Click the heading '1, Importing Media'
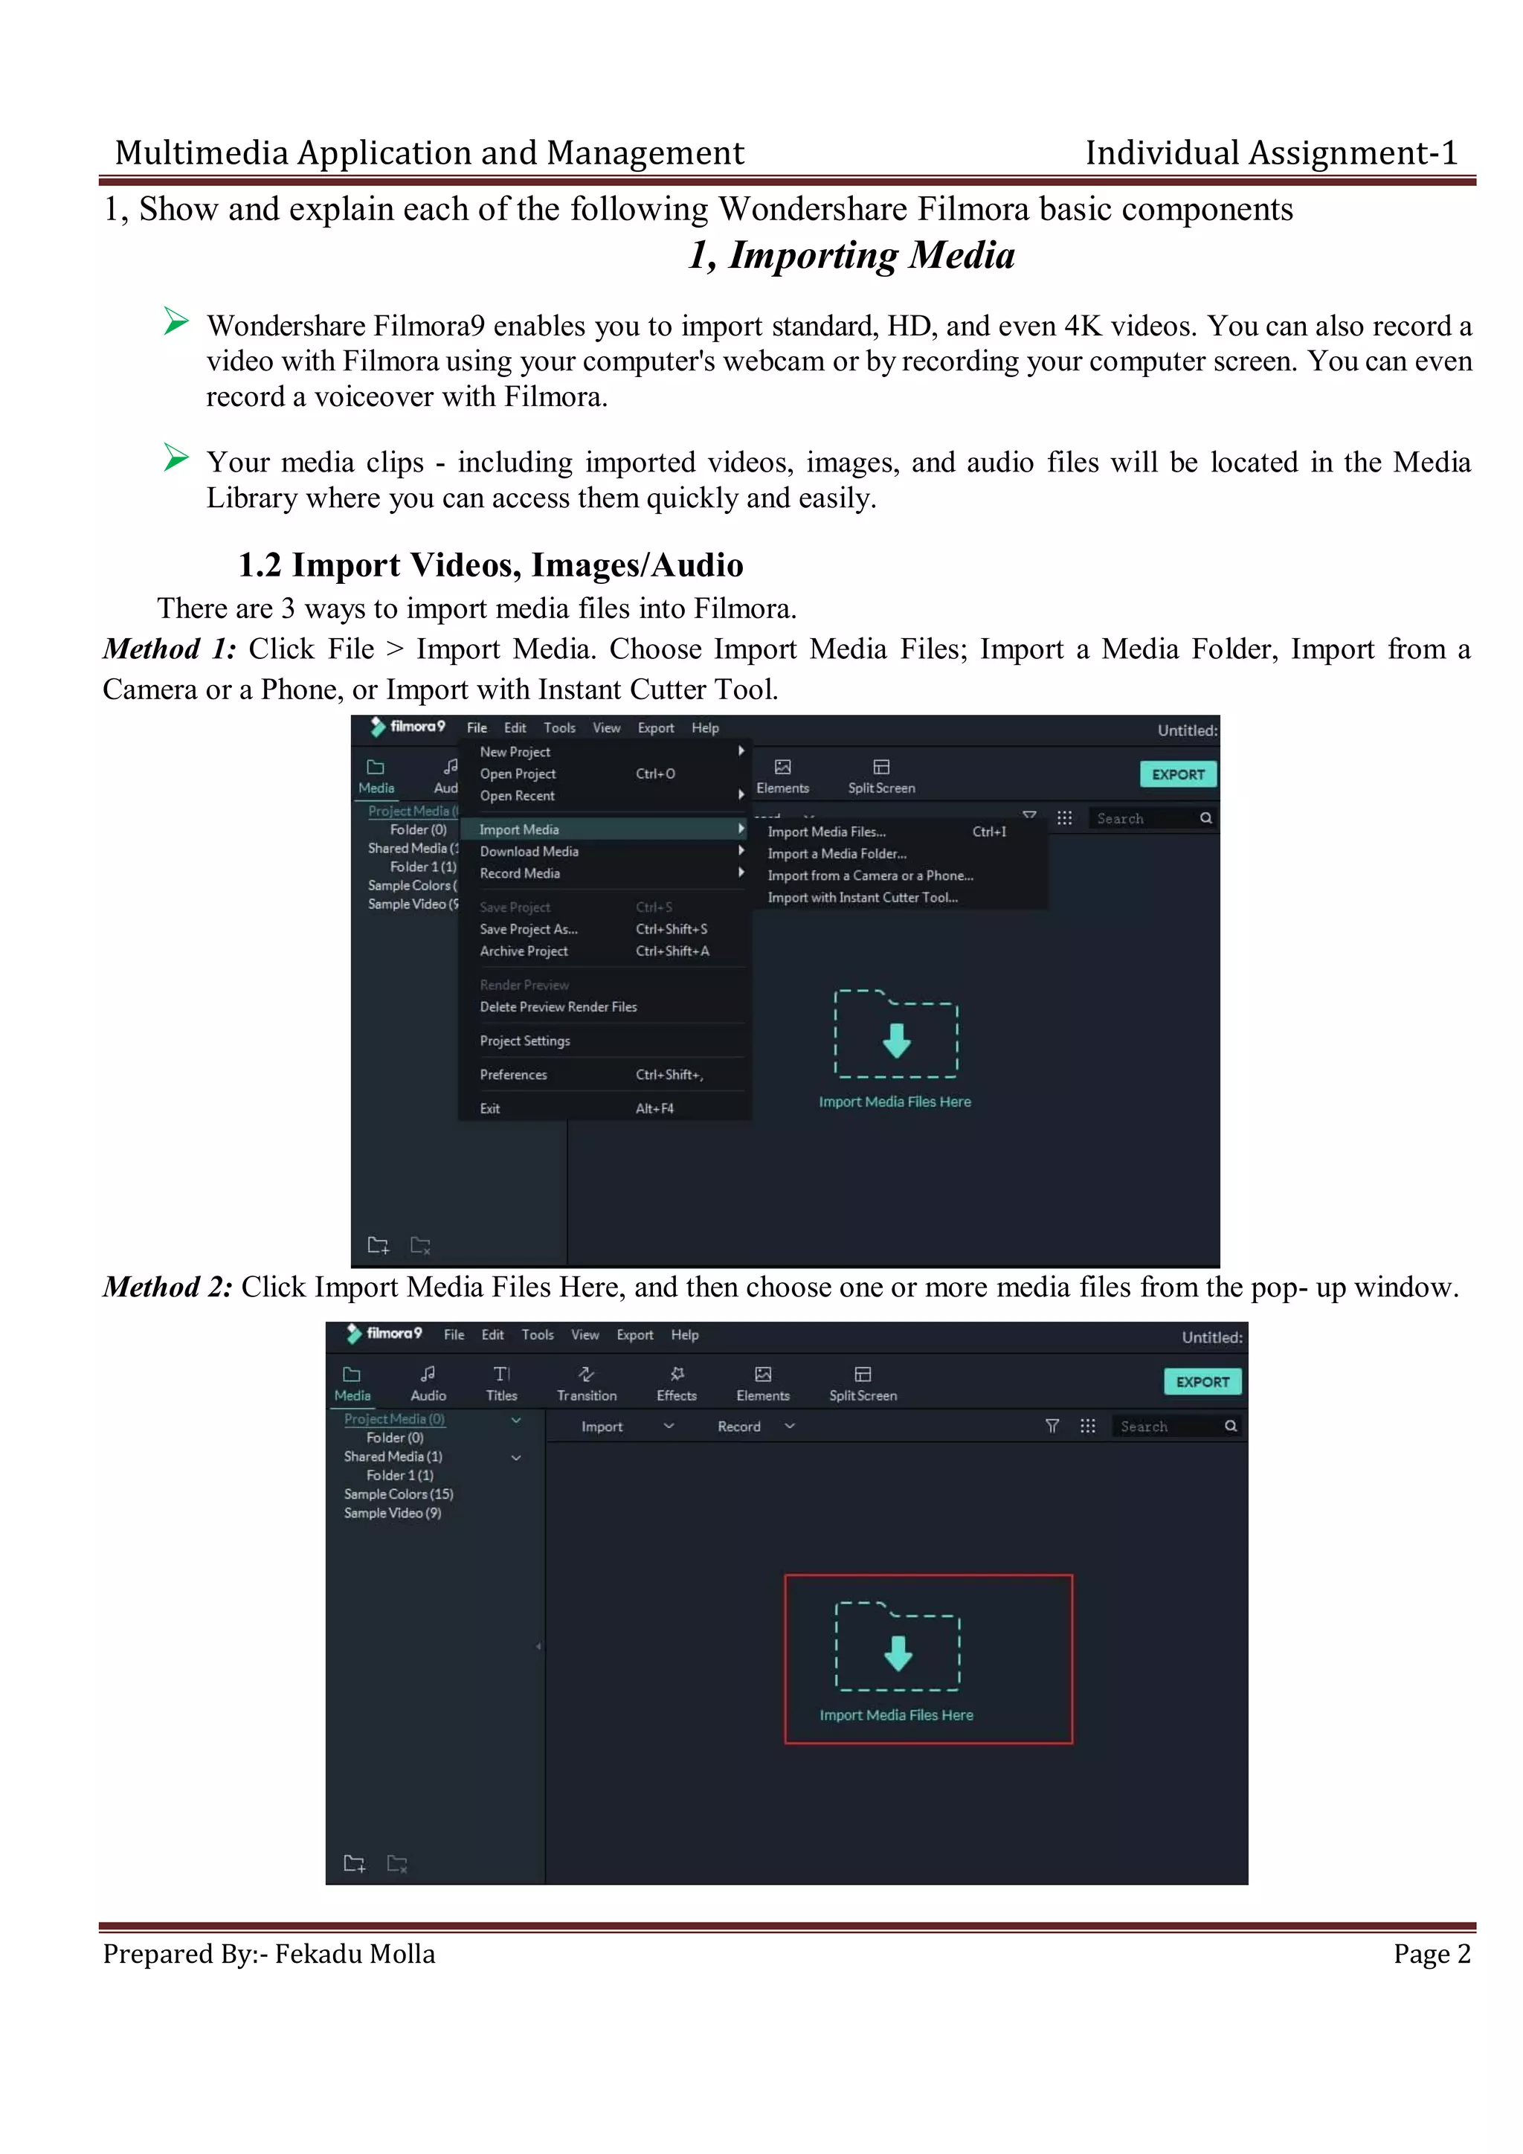[x=851, y=255]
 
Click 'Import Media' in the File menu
[x=518, y=829]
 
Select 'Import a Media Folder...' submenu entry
[x=837, y=854]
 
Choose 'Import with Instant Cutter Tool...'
[x=862, y=898]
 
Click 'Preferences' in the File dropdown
[x=513, y=1075]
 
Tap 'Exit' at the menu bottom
[x=489, y=1109]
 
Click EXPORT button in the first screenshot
[x=1178, y=774]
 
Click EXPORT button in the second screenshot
[x=1202, y=1382]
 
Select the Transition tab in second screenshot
[x=586, y=1383]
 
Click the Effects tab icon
[x=677, y=1375]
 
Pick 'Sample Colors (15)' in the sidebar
[x=398, y=1494]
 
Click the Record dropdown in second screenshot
[x=755, y=1427]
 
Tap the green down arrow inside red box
[x=898, y=1654]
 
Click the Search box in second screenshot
[x=1168, y=1427]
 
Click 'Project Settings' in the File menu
[x=524, y=1041]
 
